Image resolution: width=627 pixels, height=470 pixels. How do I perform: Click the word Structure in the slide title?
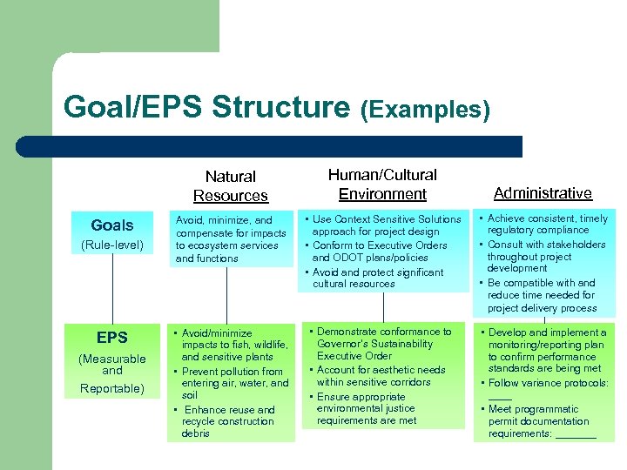[x=280, y=107]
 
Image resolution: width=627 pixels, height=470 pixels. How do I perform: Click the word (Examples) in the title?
[x=425, y=110]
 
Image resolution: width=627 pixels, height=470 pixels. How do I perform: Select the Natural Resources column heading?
[x=230, y=186]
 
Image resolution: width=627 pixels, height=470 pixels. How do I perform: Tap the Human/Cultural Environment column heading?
[x=382, y=185]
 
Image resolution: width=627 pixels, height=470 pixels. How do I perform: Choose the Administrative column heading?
[x=543, y=193]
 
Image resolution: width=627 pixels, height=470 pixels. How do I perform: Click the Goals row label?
[x=112, y=225]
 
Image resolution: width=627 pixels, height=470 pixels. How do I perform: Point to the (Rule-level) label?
[x=112, y=245]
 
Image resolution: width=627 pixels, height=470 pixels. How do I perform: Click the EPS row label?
[x=112, y=338]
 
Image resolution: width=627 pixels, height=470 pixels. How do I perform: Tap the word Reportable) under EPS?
[x=112, y=388]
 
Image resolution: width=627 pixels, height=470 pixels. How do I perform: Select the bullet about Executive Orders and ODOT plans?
[x=383, y=252]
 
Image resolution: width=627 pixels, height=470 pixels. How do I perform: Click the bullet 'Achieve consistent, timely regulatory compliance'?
[x=545, y=225]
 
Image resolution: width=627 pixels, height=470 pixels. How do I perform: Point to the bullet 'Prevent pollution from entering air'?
[x=233, y=383]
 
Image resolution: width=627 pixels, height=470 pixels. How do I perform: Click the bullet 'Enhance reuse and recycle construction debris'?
[x=228, y=421]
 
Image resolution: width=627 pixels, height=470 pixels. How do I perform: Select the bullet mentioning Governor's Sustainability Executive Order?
[x=383, y=344]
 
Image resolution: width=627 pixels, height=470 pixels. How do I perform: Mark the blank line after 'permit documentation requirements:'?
[x=576, y=435]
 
